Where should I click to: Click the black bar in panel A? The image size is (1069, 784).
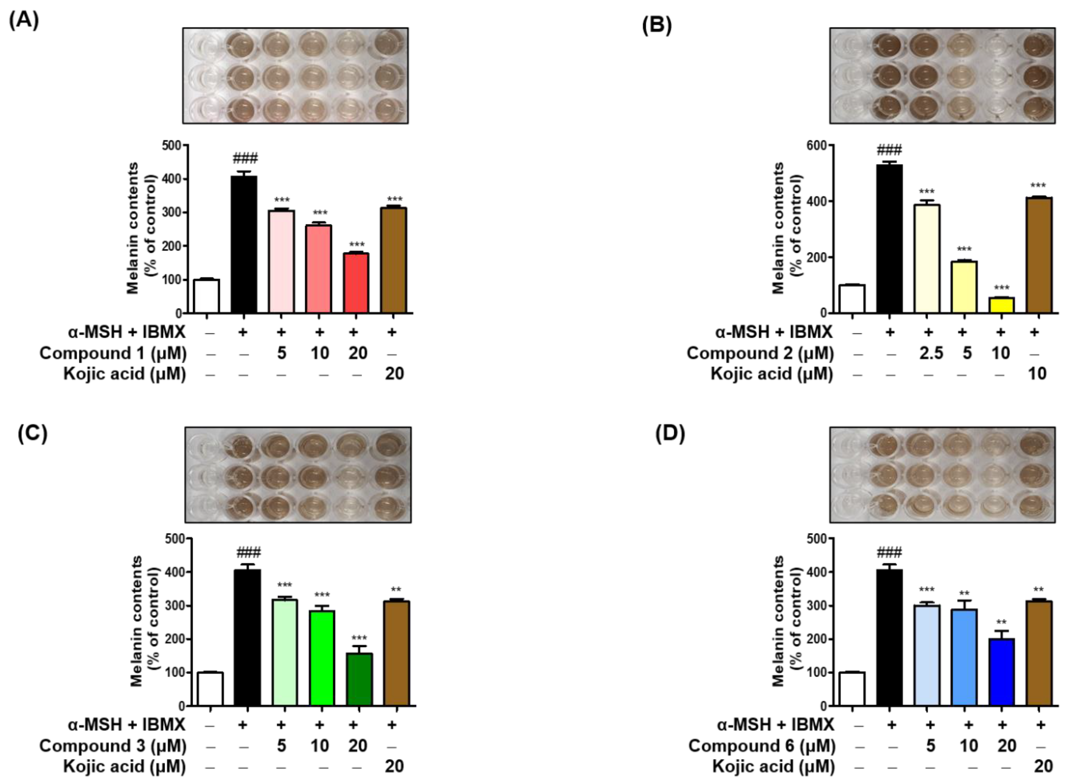click(x=244, y=244)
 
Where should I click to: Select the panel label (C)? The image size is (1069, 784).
click(x=32, y=434)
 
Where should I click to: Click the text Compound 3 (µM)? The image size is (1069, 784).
click(x=113, y=746)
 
